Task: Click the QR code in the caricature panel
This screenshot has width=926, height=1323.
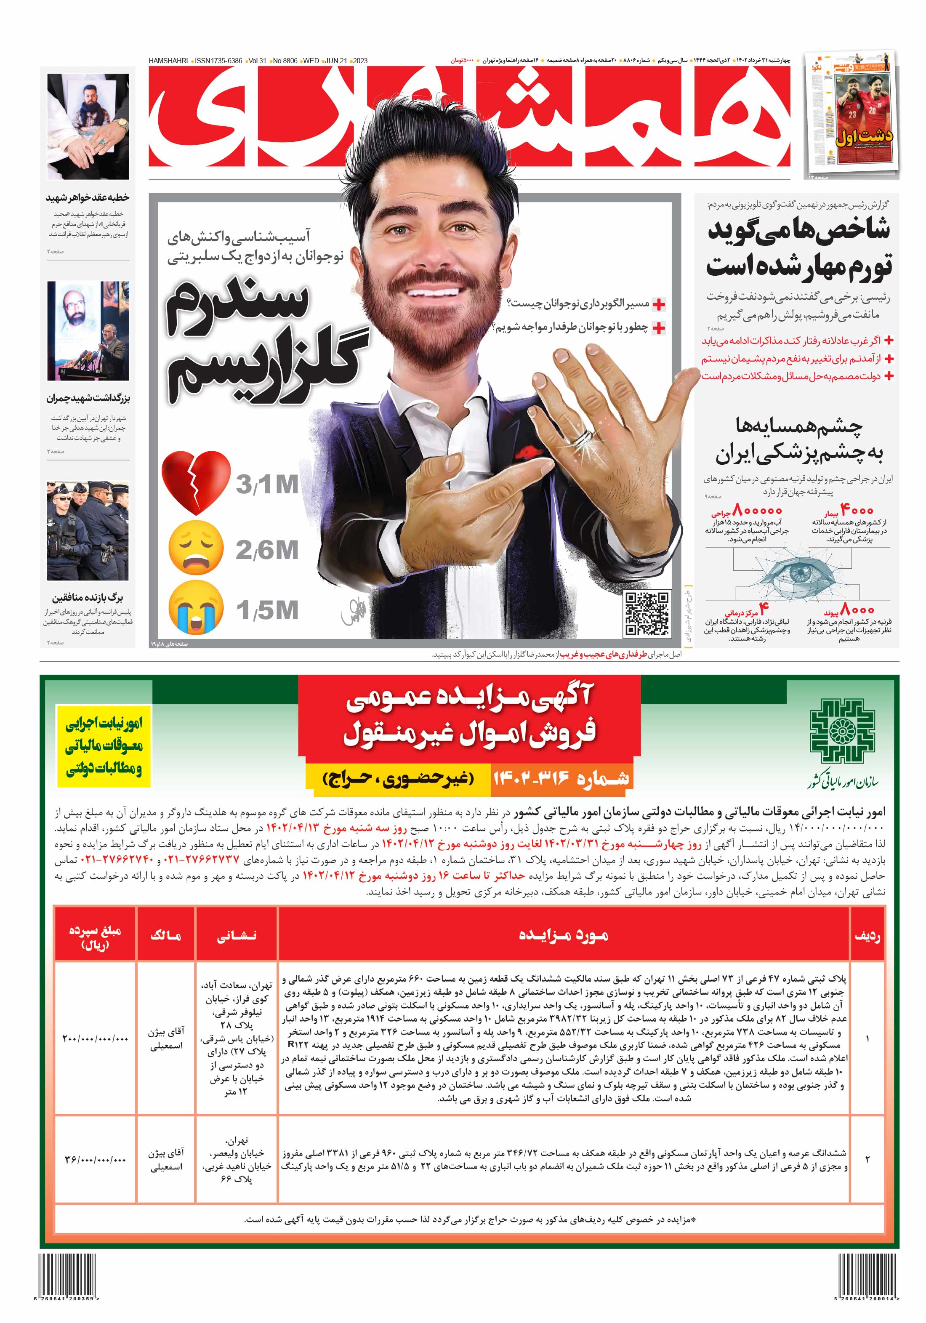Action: point(647,613)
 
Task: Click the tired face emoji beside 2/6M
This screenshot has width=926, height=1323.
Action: point(195,548)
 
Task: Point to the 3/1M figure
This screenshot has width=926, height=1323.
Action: point(267,484)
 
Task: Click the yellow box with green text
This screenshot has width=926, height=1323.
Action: point(104,745)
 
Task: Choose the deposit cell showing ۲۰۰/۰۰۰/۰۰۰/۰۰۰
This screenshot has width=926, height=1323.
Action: point(95,1038)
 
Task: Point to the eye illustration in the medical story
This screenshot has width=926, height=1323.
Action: point(798,573)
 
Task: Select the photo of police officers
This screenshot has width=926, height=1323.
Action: point(88,530)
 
